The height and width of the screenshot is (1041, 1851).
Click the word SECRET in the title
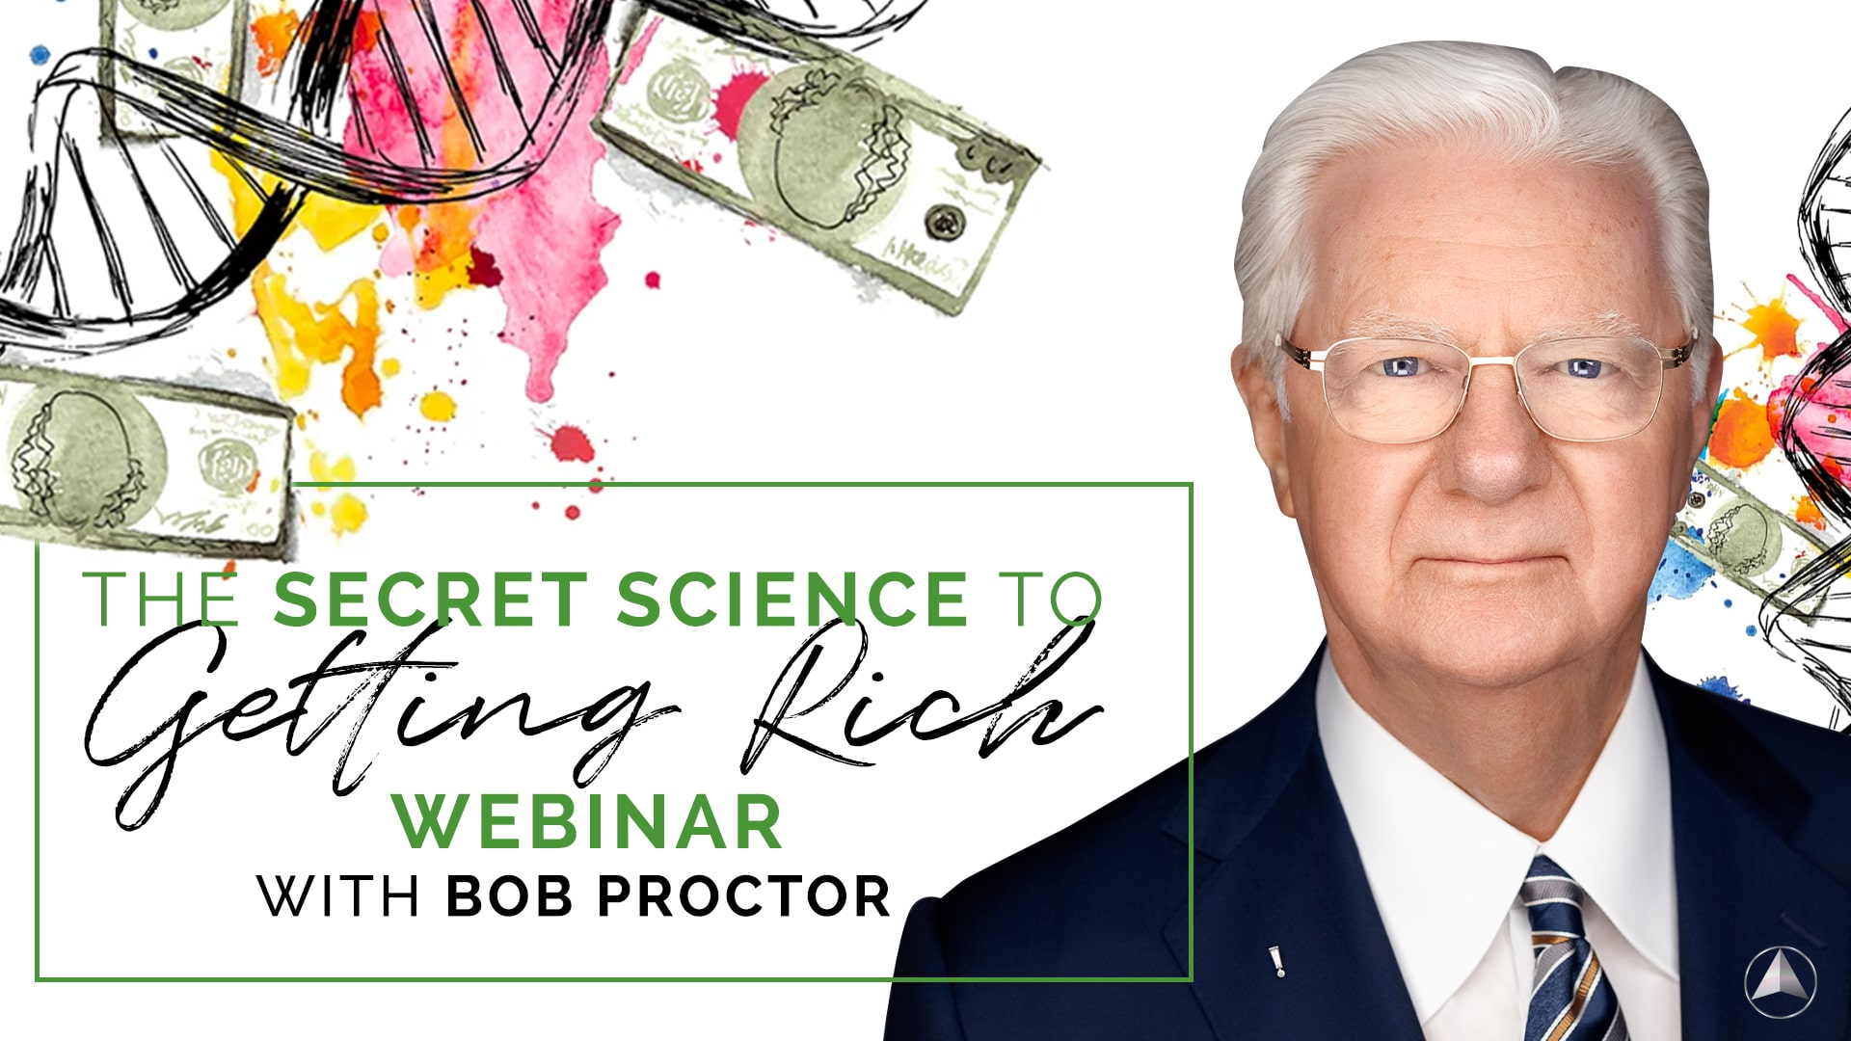coord(430,600)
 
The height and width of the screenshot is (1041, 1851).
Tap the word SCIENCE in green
coord(791,600)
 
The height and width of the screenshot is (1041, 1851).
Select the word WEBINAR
coord(587,823)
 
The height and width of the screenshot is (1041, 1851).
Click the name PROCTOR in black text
coord(744,896)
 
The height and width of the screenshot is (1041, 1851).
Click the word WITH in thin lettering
coord(337,896)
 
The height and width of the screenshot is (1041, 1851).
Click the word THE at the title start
coord(160,600)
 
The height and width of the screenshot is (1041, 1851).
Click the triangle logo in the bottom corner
coord(1780,982)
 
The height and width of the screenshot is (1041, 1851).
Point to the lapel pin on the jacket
coord(1275,961)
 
